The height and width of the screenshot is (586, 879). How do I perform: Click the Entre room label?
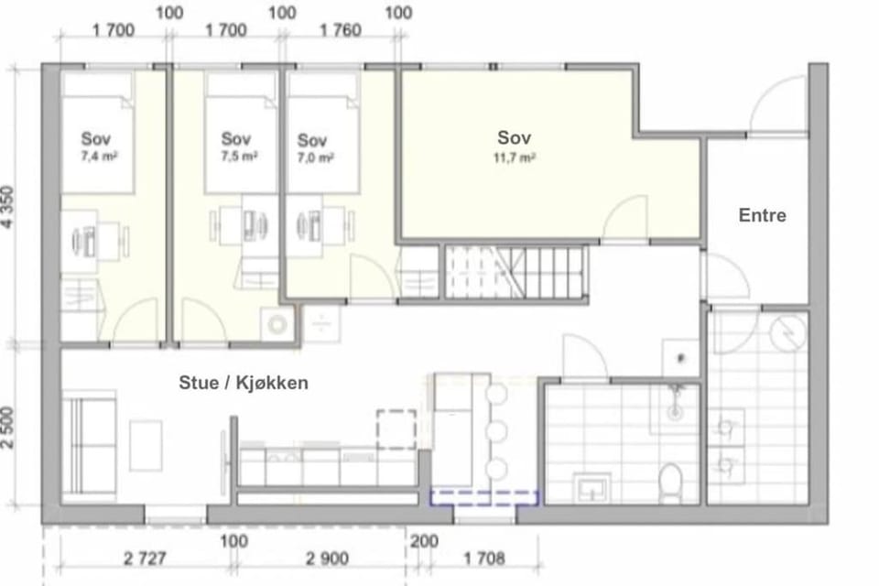pos(762,215)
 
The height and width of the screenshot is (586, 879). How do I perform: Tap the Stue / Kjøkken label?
pos(244,383)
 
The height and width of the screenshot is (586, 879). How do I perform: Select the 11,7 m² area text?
pos(514,158)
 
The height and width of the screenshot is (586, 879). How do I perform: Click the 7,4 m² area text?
pos(99,157)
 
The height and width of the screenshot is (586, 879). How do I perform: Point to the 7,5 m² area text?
pos(239,157)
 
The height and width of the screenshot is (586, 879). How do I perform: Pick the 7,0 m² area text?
pos(316,158)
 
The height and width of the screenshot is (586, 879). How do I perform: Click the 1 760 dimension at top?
pos(341,29)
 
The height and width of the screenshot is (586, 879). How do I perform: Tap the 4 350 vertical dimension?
pos(8,208)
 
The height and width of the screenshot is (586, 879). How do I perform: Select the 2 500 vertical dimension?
pos(8,428)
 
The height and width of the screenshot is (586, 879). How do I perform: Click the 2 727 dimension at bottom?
pos(145,559)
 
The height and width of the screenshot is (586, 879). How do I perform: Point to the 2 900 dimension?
pos(327,559)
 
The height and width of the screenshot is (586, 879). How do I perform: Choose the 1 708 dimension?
pos(484,559)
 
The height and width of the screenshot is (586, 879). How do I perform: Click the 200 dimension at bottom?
pos(424,542)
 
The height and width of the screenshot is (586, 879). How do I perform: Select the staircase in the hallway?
pos(516,272)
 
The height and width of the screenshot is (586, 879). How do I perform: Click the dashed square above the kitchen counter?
pos(396,429)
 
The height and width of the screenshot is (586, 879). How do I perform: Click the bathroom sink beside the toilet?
pos(591,487)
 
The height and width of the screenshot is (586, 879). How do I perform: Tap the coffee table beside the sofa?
pos(146,446)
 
